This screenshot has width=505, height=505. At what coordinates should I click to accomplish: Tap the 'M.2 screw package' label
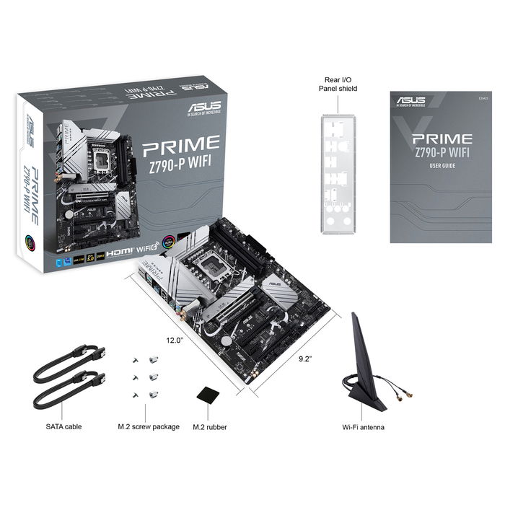[149, 427]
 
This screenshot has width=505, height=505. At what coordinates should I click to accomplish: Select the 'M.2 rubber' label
[210, 427]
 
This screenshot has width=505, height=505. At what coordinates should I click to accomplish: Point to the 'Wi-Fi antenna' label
[363, 427]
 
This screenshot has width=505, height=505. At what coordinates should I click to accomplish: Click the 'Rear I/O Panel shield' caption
[338, 84]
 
